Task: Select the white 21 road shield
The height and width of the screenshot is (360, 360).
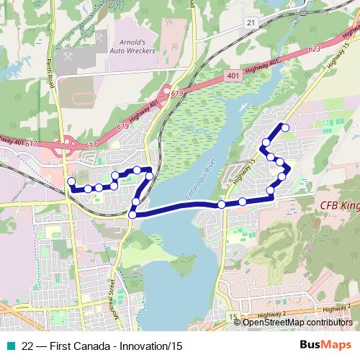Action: point(251,23)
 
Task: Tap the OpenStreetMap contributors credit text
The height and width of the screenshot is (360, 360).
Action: point(298,323)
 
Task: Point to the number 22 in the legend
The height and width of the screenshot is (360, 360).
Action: point(27,346)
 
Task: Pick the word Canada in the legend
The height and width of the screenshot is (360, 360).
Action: point(86,346)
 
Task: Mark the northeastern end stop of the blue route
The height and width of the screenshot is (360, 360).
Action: point(285,128)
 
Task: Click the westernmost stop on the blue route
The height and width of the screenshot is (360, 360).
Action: point(71,181)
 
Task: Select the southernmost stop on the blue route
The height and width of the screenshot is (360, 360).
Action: point(132,215)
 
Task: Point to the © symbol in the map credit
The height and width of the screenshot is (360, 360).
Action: point(238,323)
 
